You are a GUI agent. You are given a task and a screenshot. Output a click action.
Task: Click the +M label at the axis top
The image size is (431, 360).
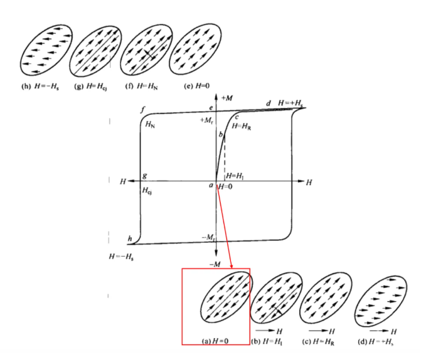click(x=227, y=98)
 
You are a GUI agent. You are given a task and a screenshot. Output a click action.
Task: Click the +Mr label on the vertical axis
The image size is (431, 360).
click(x=207, y=120)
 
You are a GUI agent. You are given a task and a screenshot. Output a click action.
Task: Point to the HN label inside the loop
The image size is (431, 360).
click(x=151, y=125)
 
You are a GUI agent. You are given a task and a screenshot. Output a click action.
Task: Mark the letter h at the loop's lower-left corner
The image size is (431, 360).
click(x=130, y=238)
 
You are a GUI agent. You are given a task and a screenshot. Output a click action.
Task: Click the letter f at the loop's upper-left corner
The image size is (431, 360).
click(x=143, y=110)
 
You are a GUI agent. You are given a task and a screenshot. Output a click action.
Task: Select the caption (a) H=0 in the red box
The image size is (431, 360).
click(x=216, y=341)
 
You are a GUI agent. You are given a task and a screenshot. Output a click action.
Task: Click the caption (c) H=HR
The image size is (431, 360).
click(x=322, y=341)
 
